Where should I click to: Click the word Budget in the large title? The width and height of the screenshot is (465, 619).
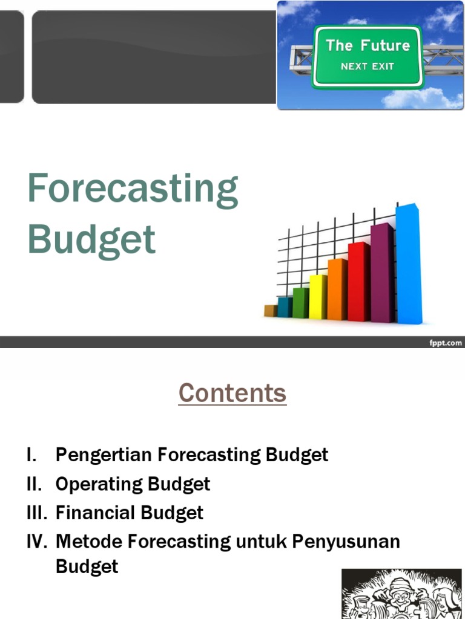click(91, 239)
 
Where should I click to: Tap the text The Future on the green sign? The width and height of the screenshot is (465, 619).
click(368, 45)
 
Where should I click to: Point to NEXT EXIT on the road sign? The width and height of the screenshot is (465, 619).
click(368, 66)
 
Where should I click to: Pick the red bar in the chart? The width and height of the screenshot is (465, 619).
click(358, 282)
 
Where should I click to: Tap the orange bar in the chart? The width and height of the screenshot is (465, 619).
click(337, 290)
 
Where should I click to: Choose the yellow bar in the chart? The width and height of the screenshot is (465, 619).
click(317, 297)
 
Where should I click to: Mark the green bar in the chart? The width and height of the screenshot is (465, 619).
click(300, 303)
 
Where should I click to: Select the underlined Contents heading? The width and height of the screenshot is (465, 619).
click(232, 394)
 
